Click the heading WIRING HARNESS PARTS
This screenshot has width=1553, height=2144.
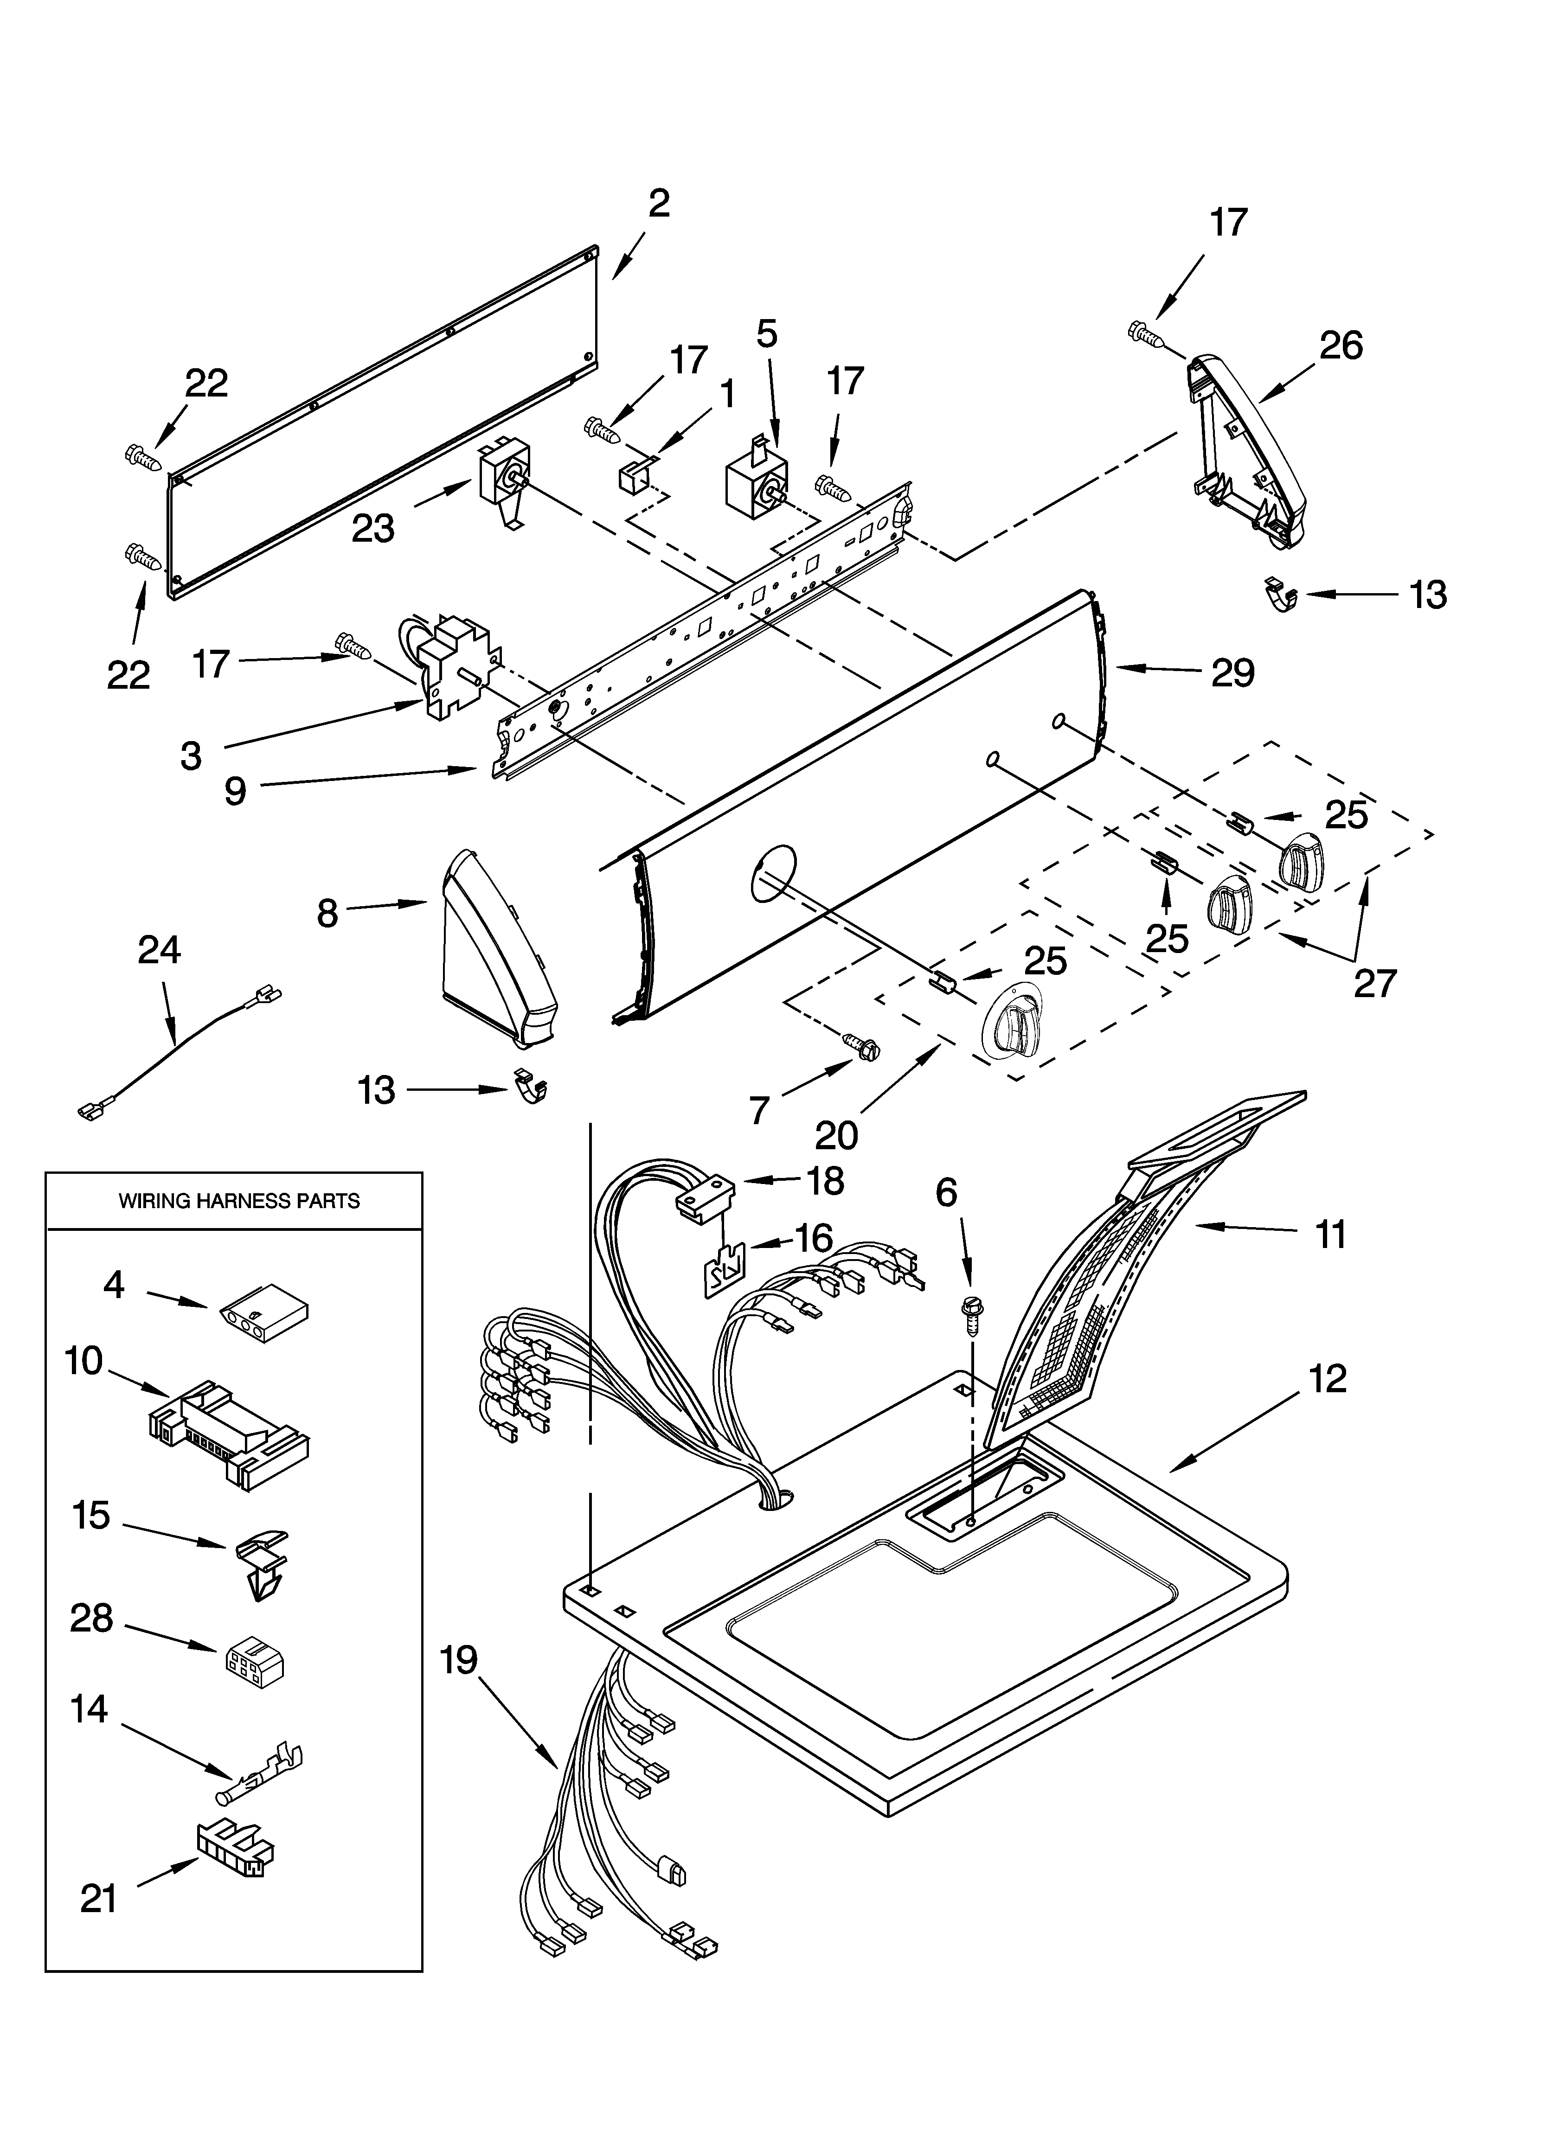(238, 1202)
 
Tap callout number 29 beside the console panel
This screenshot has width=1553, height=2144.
(1232, 673)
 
